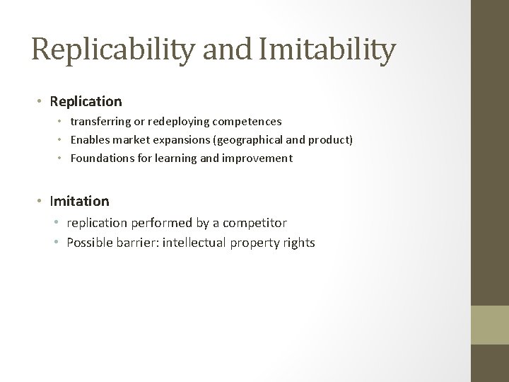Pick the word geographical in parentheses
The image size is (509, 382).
pyautogui.click(x=248, y=140)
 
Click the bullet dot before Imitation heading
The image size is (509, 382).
pyautogui.click(x=41, y=202)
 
